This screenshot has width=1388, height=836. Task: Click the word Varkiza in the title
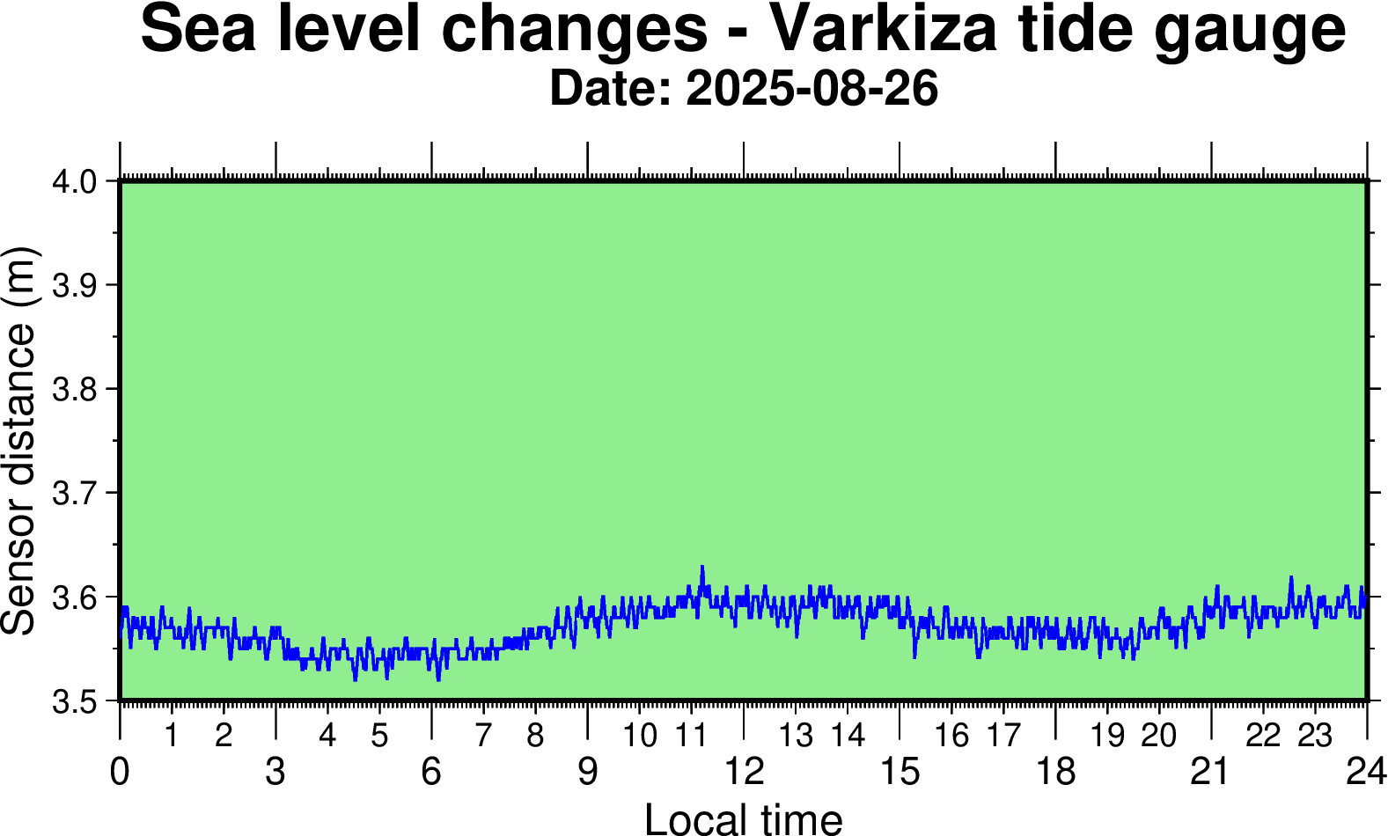click(x=883, y=30)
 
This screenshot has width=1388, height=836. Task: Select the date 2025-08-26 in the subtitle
click(x=812, y=89)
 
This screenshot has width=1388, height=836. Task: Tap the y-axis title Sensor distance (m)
click(x=19, y=440)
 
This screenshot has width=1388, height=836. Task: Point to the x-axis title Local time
click(x=743, y=818)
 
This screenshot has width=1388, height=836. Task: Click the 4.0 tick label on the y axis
click(x=75, y=182)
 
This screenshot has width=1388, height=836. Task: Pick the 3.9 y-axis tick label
click(x=75, y=285)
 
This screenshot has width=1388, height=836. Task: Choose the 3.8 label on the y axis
click(x=75, y=389)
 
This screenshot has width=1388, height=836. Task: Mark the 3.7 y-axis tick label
click(x=75, y=493)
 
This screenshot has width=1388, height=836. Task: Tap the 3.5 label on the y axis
click(x=75, y=701)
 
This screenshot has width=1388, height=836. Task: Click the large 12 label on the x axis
click(x=744, y=772)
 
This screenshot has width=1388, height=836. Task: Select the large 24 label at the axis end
click(x=1366, y=772)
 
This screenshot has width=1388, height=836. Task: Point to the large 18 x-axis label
click(x=1055, y=772)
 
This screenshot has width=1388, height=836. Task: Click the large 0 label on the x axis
click(x=120, y=772)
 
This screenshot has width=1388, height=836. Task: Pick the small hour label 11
click(x=692, y=735)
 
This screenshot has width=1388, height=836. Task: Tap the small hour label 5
click(x=379, y=735)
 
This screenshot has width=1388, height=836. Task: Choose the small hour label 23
click(x=1315, y=735)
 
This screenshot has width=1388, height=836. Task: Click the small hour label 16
click(x=951, y=735)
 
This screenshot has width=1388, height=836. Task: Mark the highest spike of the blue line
click(x=702, y=568)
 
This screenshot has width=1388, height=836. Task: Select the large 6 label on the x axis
click(x=431, y=772)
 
